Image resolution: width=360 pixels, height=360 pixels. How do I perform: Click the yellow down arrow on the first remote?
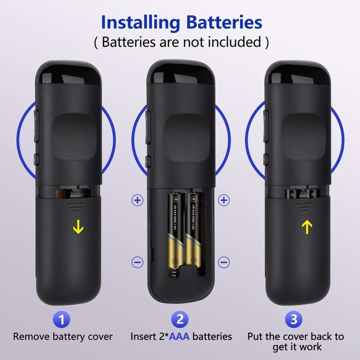coord(78,228)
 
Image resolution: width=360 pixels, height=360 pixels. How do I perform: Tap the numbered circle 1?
coord(62,319)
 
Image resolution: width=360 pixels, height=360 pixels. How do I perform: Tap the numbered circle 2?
coord(180,319)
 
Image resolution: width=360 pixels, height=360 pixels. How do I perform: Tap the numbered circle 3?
coord(294,319)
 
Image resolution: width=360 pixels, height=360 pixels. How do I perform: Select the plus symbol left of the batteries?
coord(138,200)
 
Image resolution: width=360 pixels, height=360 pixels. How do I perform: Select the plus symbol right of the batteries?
coord(224,200)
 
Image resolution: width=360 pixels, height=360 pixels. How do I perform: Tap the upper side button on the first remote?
coord(36,124)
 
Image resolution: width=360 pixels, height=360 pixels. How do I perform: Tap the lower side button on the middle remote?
coord(148,161)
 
